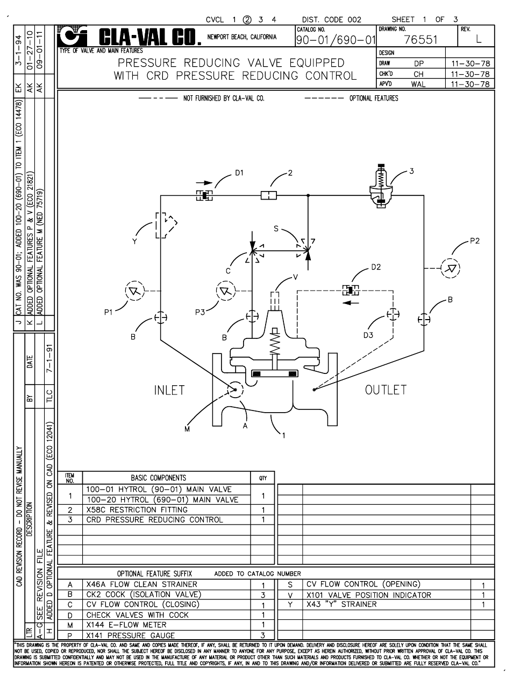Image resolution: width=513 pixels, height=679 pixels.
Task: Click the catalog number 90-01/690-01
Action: (x=336, y=40)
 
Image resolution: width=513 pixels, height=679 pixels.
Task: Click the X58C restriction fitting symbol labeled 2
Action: (x=268, y=195)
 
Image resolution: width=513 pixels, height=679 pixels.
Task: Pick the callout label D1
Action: (x=239, y=173)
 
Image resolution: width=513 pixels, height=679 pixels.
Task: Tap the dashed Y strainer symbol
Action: (x=163, y=225)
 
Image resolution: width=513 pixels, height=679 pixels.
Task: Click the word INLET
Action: (x=169, y=390)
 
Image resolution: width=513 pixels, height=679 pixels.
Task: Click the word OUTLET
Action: (x=386, y=390)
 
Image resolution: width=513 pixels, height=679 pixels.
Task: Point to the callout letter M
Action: (x=187, y=429)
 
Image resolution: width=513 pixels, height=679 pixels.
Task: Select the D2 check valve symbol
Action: (x=351, y=291)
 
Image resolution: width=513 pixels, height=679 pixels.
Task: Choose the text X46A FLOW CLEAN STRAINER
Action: (x=141, y=584)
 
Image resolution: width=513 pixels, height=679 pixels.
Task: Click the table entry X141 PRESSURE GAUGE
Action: (x=130, y=635)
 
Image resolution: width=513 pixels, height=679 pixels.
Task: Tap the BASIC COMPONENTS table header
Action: (x=158, y=477)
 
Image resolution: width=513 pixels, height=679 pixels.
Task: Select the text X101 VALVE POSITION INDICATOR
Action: (x=368, y=595)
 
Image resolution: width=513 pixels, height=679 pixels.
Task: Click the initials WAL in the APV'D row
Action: (x=418, y=84)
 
